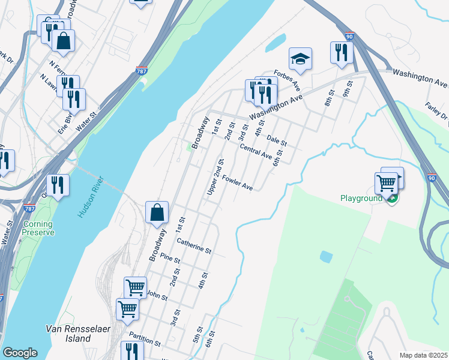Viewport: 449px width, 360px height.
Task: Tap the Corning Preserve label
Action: click(38, 228)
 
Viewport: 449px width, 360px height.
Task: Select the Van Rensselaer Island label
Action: click(68, 334)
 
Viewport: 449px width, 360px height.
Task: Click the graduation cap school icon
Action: click(300, 59)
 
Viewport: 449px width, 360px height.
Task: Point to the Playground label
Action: click(361, 198)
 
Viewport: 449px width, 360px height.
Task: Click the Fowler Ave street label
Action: click(238, 182)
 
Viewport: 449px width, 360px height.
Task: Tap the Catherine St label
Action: click(194, 245)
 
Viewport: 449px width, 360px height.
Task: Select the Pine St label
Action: click(170, 259)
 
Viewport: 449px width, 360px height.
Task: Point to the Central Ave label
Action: click(256, 151)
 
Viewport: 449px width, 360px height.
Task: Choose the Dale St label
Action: click(277, 140)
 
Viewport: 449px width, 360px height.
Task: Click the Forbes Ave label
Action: click(287, 79)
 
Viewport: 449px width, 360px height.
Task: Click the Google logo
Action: click(20, 353)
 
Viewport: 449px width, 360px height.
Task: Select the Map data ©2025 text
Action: click(423, 355)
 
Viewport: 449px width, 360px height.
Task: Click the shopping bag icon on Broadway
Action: click(157, 212)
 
